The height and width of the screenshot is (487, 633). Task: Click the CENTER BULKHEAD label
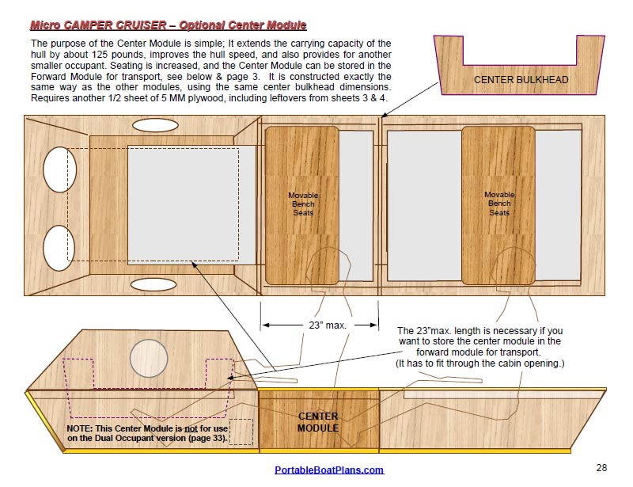click(x=521, y=80)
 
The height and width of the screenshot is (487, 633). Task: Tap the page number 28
click(x=601, y=467)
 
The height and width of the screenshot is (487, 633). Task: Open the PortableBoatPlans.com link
click(x=329, y=470)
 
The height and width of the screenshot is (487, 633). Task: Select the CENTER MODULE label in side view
click(x=318, y=422)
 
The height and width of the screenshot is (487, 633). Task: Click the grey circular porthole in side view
click(x=148, y=358)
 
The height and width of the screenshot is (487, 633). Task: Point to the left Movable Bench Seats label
click(x=303, y=204)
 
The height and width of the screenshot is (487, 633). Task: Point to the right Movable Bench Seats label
click(x=499, y=204)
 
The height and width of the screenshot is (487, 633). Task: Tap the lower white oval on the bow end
click(x=56, y=248)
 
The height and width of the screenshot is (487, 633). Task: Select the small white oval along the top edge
click(x=154, y=125)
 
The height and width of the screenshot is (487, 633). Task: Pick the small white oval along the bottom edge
click(x=154, y=283)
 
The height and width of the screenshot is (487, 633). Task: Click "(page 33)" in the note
click(x=208, y=438)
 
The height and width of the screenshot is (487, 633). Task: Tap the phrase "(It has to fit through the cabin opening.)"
click(x=480, y=363)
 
